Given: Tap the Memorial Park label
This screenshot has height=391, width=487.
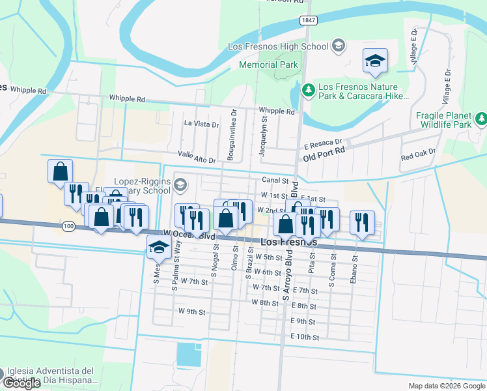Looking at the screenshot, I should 268,65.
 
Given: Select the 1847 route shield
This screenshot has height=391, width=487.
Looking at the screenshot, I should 309,22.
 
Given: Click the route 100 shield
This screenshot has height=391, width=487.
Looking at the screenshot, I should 69,225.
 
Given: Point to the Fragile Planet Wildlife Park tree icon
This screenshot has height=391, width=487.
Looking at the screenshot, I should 480,119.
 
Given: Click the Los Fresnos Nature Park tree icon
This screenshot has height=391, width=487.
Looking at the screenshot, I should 307,88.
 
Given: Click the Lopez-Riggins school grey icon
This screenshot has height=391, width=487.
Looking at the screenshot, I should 179,186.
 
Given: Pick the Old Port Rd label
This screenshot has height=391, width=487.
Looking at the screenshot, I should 323,157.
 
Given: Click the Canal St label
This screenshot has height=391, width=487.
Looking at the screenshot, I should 275,180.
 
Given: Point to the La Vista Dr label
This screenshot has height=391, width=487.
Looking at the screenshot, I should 201,123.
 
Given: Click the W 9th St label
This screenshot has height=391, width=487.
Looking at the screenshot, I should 191,311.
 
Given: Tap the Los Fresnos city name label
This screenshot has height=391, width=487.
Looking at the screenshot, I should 288,242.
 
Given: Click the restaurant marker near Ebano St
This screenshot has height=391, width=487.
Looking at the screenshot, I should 362,222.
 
